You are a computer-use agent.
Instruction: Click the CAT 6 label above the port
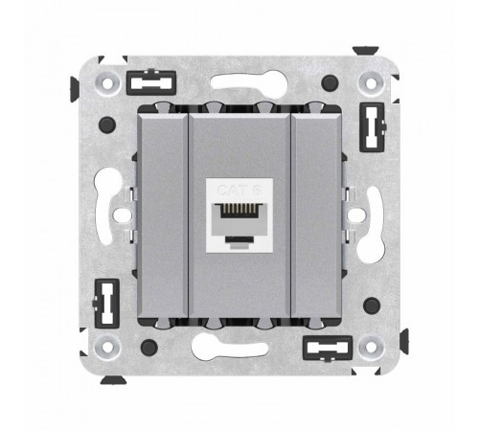click(239, 191)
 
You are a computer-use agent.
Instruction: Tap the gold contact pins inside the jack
click(239, 211)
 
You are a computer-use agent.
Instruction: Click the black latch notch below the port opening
click(239, 239)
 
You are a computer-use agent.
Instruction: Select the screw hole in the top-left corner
click(108, 84)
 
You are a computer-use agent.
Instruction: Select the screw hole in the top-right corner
click(371, 84)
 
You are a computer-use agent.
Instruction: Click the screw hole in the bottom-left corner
click(108, 347)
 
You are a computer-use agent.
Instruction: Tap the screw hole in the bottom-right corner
click(371, 347)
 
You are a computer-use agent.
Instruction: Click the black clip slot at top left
click(151, 83)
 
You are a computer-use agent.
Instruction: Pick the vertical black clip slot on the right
click(373, 127)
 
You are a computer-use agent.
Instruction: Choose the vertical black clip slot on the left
click(107, 304)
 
